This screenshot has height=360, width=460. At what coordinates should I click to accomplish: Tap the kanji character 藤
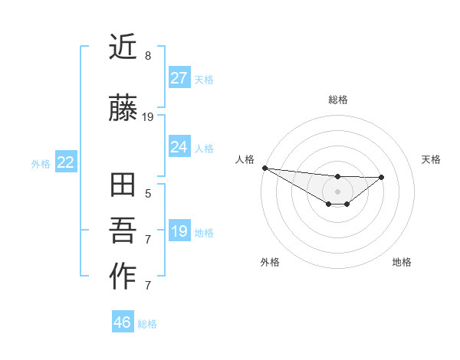click(x=123, y=109)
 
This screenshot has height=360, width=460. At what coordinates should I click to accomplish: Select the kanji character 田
click(x=123, y=186)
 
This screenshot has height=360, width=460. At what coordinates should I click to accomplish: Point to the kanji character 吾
click(x=123, y=232)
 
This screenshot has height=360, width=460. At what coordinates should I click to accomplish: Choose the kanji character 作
click(x=123, y=277)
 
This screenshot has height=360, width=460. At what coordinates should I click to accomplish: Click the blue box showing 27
click(x=179, y=78)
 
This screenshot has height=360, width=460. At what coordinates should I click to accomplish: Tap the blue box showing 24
click(x=179, y=147)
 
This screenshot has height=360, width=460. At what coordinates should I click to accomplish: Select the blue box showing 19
click(x=179, y=231)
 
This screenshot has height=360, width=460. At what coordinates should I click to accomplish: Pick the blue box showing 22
click(x=66, y=162)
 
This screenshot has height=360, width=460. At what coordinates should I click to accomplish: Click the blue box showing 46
click(x=123, y=322)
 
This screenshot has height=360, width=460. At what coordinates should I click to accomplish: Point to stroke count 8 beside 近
click(x=148, y=56)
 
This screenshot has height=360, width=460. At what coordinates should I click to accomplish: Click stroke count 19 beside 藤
click(x=149, y=117)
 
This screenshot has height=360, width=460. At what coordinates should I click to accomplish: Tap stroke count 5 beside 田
click(x=148, y=194)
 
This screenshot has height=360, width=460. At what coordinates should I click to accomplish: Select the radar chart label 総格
click(x=338, y=100)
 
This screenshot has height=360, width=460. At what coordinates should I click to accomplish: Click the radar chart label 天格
click(x=432, y=159)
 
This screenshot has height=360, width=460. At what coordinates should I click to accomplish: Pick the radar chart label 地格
click(x=402, y=262)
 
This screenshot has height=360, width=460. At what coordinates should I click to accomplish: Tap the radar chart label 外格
click(x=270, y=262)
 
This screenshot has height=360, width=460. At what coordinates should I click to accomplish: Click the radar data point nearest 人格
click(x=264, y=167)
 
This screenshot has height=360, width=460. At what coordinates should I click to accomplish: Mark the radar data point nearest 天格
click(x=382, y=177)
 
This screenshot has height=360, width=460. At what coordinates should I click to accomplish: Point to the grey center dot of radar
click(x=337, y=191)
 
